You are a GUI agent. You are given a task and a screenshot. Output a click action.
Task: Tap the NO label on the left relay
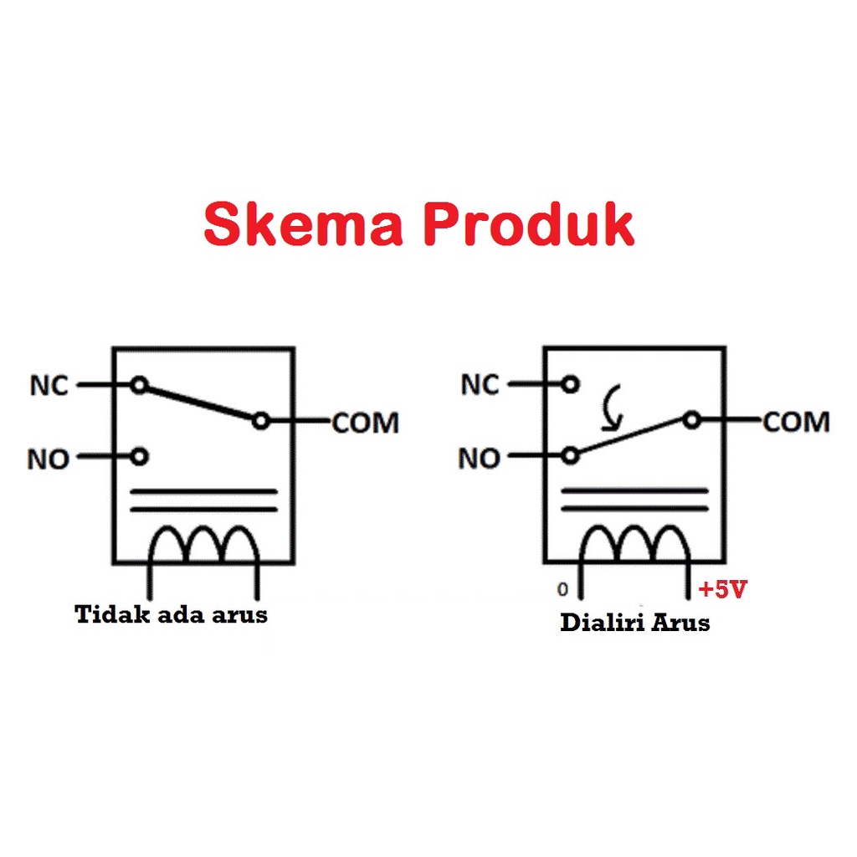[49, 459]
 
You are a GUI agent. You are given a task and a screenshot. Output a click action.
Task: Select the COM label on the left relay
[365, 423]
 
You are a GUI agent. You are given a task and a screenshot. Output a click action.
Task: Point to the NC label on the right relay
[480, 386]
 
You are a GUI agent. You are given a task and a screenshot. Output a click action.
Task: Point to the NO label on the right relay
[479, 459]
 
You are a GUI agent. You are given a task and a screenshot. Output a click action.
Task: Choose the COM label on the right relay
[796, 423]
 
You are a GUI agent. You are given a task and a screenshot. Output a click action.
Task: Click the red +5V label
[722, 590]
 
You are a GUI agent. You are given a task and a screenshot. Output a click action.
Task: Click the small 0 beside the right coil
[562, 590]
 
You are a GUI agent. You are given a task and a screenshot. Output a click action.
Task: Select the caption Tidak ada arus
[172, 615]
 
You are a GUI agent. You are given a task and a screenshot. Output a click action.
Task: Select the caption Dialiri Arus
[634, 623]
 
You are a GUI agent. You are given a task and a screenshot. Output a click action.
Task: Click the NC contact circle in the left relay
[140, 386]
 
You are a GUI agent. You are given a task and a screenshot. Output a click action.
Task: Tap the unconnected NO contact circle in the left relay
[140, 456]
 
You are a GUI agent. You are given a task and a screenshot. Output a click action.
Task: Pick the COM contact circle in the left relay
[261, 421]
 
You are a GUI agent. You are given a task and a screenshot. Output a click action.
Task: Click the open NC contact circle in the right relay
[571, 385]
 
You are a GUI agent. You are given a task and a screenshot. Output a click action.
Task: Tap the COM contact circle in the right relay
[691, 420]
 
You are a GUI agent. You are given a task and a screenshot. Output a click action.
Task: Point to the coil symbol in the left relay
[203, 546]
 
